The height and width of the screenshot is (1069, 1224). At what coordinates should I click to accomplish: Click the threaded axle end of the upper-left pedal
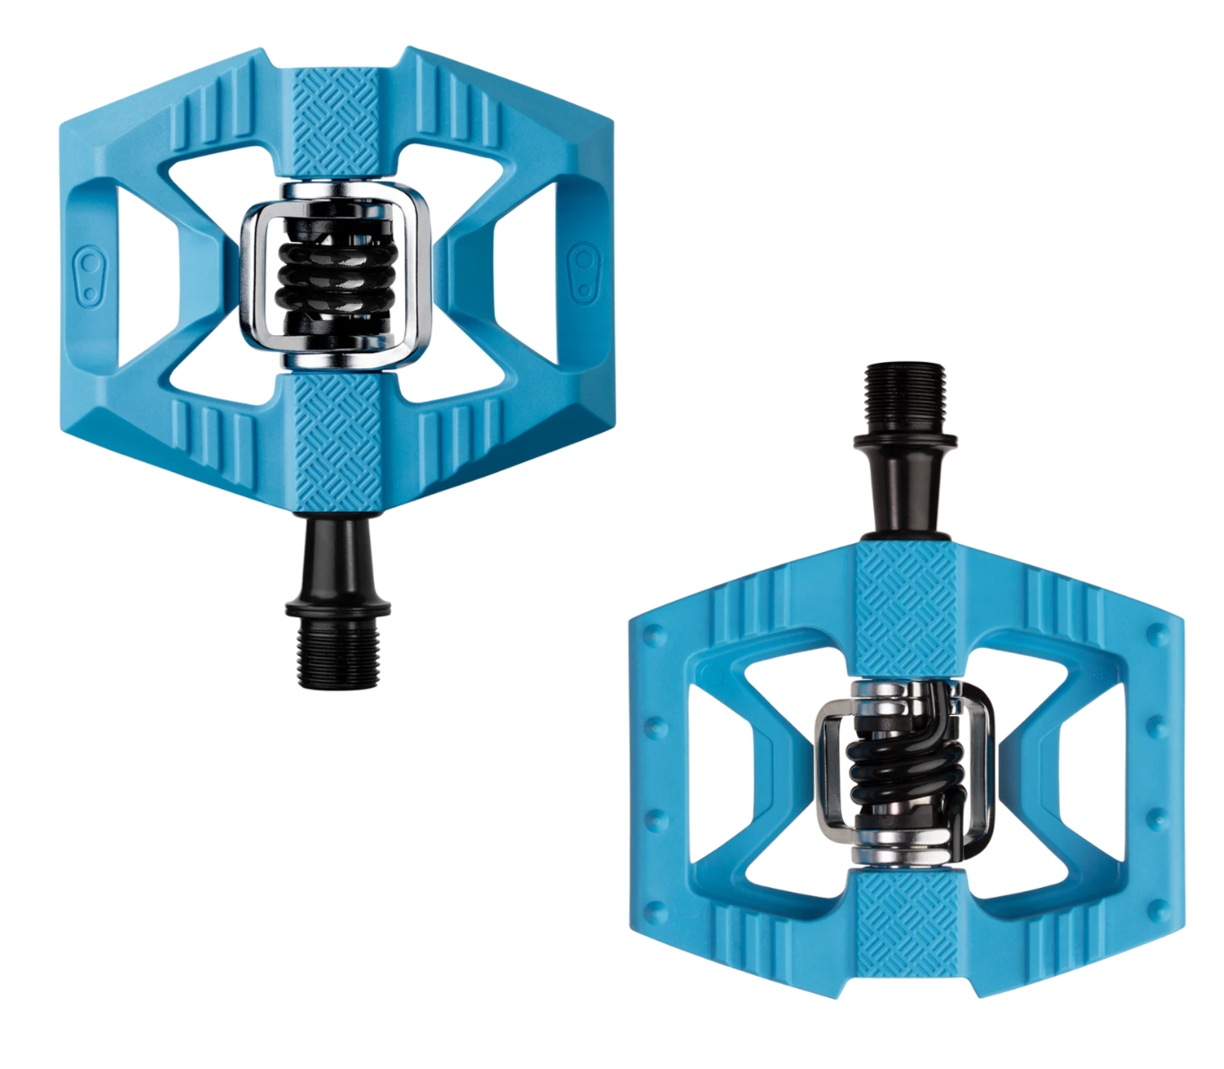(337, 652)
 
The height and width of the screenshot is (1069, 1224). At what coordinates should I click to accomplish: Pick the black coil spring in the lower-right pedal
(900, 766)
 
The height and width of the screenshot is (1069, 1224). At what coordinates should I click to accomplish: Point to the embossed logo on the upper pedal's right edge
(584, 271)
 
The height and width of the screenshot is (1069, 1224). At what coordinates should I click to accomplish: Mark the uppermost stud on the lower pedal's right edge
(1159, 634)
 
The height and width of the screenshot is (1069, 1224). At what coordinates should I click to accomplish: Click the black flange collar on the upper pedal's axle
(338, 608)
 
